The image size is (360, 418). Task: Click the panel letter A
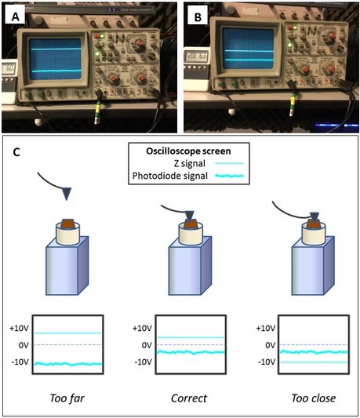point(16,16)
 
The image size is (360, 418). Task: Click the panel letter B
point(198,17)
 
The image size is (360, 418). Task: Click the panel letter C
point(16,152)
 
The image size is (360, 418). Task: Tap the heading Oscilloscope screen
point(188,151)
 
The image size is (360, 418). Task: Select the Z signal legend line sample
point(229,163)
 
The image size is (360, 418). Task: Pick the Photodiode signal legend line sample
point(229,176)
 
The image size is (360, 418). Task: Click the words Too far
point(67,398)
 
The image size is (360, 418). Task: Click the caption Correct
point(189,398)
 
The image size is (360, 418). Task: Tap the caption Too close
point(314,398)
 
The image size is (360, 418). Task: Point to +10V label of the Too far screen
point(19,328)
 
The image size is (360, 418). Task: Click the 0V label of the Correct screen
point(147,345)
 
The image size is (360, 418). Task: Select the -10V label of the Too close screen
point(267,362)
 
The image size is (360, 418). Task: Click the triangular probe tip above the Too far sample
point(67,194)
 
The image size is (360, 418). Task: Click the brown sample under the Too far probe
point(68,224)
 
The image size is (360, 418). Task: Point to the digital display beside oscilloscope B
point(196,56)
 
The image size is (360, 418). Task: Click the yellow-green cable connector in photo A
point(98,109)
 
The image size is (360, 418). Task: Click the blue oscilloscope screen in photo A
point(55,59)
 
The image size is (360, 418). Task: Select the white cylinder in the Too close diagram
point(314,234)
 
